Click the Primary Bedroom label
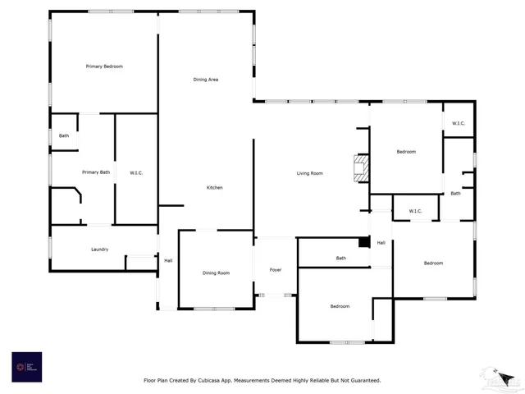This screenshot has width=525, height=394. pyautogui.click(x=104, y=66)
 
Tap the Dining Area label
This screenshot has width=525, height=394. pyautogui.click(x=205, y=79)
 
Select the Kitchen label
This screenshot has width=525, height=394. pyautogui.click(x=214, y=188)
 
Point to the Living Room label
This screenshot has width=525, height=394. pyautogui.click(x=309, y=173)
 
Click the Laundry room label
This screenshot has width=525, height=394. pyautogui.click(x=99, y=250)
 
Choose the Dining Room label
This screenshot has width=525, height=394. pyautogui.click(x=216, y=273)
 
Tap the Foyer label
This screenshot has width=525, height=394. pyautogui.click(x=276, y=270)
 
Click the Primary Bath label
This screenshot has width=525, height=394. pyautogui.click(x=95, y=172)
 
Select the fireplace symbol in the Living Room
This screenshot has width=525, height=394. pyautogui.click(x=358, y=168)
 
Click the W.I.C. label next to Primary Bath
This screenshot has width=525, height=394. pyautogui.click(x=136, y=172)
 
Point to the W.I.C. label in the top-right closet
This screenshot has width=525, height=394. pyautogui.click(x=458, y=124)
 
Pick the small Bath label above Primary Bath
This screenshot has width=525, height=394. pyautogui.click(x=64, y=135)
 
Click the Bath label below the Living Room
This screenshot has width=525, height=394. pyautogui.click(x=340, y=259)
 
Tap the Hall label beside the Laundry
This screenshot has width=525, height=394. pyautogui.click(x=168, y=260)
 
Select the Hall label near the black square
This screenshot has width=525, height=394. pyautogui.click(x=381, y=243)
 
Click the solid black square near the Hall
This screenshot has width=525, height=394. pyautogui.click(x=364, y=242)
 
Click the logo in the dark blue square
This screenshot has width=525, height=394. pyautogui.click(x=25, y=366)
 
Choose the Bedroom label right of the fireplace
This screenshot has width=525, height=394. pyautogui.click(x=405, y=152)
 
